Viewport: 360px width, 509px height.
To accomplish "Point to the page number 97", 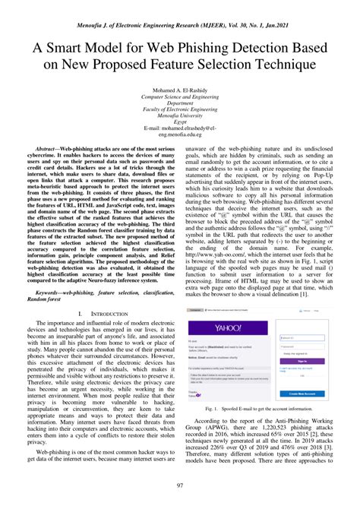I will point(180,485).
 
